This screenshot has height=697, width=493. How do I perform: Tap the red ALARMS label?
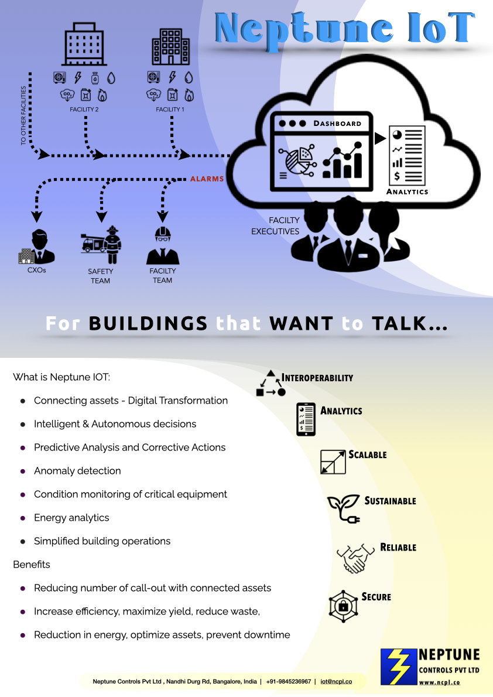click(x=207, y=179)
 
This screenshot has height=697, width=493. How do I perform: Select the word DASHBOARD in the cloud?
click(x=337, y=124)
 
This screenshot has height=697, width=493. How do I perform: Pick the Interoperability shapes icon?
click(x=271, y=384)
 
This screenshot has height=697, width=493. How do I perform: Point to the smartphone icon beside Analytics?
click(x=306, y=419)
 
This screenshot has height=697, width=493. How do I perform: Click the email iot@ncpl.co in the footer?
click(x=336, y=682)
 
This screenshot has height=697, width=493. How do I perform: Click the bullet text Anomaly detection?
click(x=77, y=471)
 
